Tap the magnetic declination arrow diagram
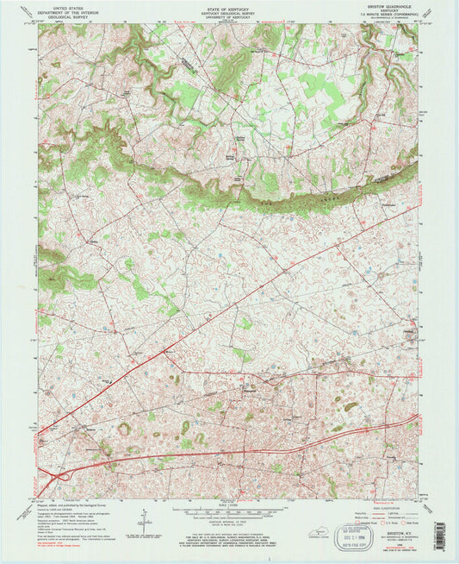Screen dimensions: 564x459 [140, 520]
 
